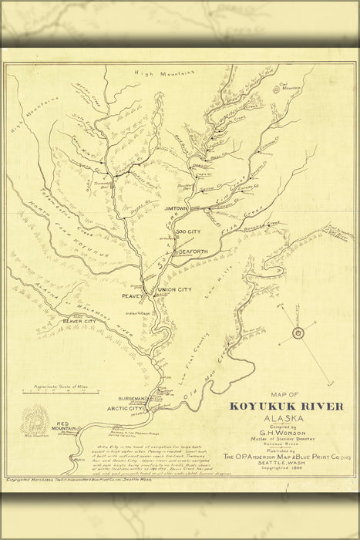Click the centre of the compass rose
click(298, 333)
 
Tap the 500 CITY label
click(188, 232)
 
